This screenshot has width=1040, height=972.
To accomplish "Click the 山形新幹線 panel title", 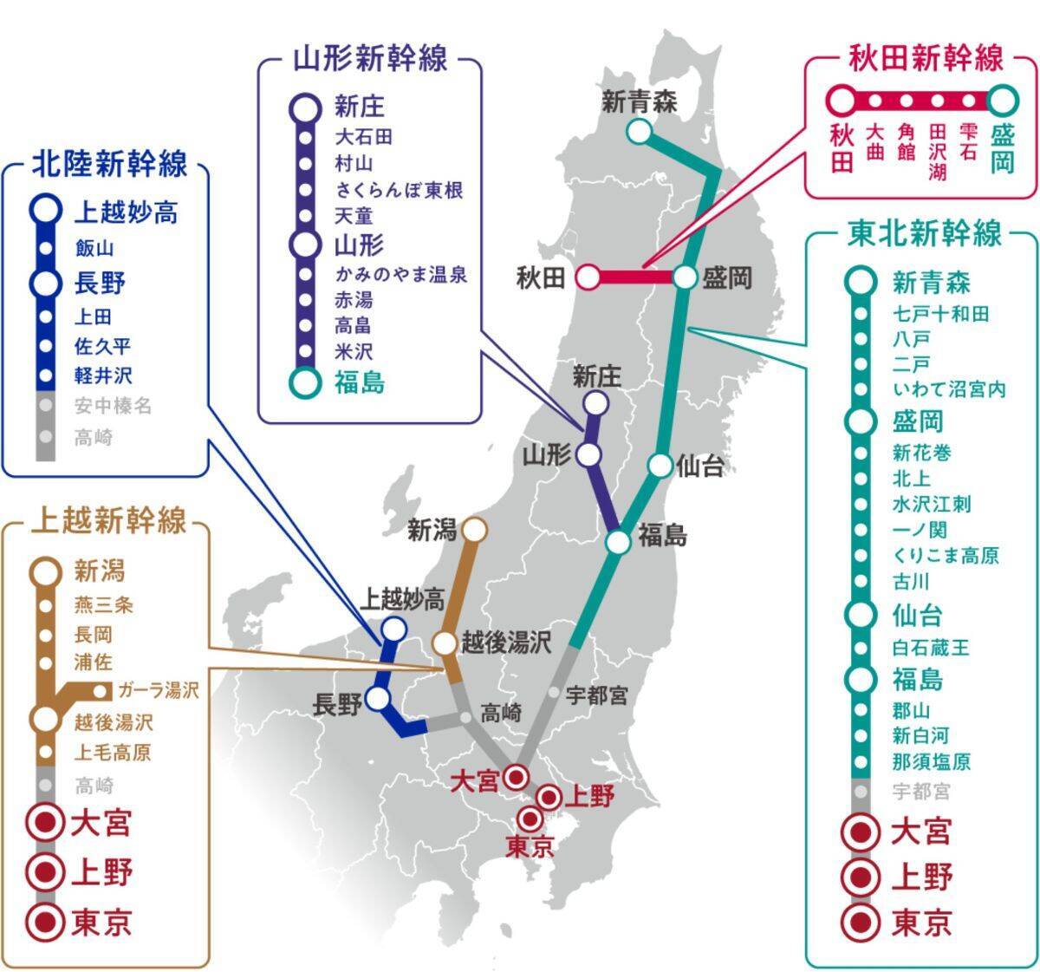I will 370,60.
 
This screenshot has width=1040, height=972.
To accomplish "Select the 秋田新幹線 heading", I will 925,60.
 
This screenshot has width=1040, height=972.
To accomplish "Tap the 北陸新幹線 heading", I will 109,164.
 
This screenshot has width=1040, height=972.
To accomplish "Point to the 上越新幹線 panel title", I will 109,521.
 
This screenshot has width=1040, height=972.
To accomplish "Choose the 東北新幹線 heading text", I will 924,233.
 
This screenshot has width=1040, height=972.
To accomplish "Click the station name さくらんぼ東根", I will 399,191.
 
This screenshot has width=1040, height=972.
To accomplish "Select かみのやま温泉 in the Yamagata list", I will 400,275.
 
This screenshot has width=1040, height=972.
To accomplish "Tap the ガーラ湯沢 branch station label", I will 158,690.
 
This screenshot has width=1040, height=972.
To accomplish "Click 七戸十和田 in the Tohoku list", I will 940,313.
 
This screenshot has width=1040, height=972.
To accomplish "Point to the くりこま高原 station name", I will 945,556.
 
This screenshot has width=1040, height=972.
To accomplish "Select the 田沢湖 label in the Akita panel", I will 937,152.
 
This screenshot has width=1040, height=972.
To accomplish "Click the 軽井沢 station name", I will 103,375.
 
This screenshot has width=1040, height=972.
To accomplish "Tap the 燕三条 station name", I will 104,604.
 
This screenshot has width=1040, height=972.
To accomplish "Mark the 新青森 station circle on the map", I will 639,132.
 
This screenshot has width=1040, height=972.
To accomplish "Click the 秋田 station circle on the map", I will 588,277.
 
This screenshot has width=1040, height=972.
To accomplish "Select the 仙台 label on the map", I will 699,466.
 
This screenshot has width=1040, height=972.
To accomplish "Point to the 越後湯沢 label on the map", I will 506,643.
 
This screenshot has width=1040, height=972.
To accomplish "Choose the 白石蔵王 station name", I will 931,648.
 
